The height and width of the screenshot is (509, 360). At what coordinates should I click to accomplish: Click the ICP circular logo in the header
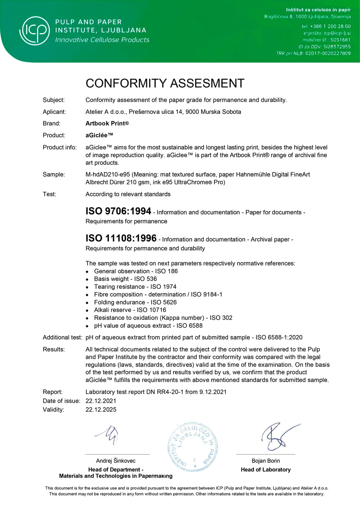(35, 31)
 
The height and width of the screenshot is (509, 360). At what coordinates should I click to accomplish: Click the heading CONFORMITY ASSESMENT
(165, 83)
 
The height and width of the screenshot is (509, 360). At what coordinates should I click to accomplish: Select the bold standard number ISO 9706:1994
(118, 211)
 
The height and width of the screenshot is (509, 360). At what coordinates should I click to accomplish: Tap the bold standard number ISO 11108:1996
(121, 238)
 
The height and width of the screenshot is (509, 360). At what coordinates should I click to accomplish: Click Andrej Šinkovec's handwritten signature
(108, 434)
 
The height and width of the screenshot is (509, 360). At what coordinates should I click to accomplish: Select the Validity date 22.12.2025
(101, 409)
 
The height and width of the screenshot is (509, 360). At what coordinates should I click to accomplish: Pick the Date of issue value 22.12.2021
(101, 401)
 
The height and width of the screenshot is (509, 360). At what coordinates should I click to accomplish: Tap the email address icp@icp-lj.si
(337, 33)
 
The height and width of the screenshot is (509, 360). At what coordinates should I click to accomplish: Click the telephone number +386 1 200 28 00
(330, 26)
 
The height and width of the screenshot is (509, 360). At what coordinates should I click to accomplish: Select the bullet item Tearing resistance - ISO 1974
(135, 287)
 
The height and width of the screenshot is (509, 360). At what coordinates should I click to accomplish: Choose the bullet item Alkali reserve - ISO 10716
(130, 310)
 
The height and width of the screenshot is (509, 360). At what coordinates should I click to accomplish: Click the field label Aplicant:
(54, 112)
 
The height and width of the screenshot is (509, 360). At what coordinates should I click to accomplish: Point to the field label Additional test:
(62, 337)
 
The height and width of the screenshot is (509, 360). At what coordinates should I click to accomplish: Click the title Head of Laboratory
(265, 470)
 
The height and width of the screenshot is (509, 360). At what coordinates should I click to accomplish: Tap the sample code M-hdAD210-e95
(108, 174)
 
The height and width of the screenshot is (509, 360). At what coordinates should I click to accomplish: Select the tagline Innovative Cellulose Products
(102, 40)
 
